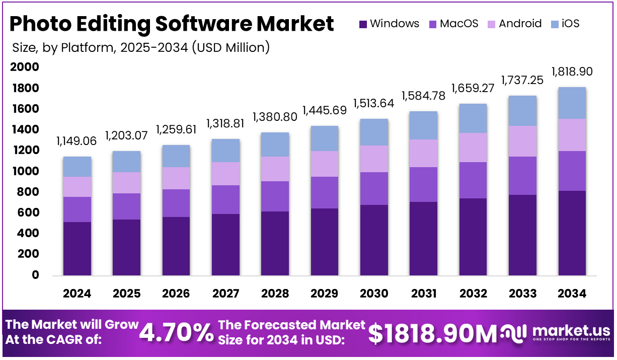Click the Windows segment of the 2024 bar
point(77,249)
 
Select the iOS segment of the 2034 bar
point(572,103)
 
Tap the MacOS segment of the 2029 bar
point(324,192)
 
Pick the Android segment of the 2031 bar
point(423,153)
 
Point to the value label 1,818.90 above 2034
point(572,71)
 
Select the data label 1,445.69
point(324,110)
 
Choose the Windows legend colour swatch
point(363,24)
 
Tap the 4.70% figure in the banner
point(176,333)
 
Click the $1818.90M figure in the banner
point(432,333)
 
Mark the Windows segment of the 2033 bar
point(522,235)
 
